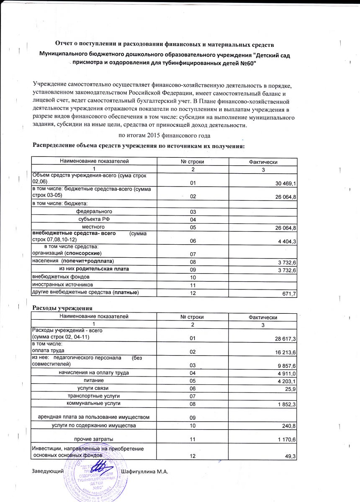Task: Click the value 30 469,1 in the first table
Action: [x=285, y=184]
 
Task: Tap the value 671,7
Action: [x=289, y=295]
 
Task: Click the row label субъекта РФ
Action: [x=94, y=219]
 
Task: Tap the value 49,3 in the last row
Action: [x=290, y=456]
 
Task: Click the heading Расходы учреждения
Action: [x=62, y=308]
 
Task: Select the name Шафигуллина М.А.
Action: [x=144, y=472]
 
